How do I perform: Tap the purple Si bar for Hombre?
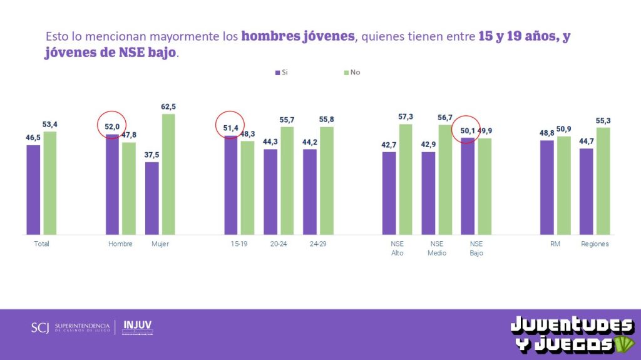click(112, 184)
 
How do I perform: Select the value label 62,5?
click(169, 106)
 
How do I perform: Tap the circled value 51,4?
click(230, 127)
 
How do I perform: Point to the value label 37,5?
click(151, 155)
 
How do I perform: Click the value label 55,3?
click(603, 120)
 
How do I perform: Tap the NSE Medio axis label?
click(437, 249)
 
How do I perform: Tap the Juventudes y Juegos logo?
click(571, 334)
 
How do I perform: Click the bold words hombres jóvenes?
click(298, 36)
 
